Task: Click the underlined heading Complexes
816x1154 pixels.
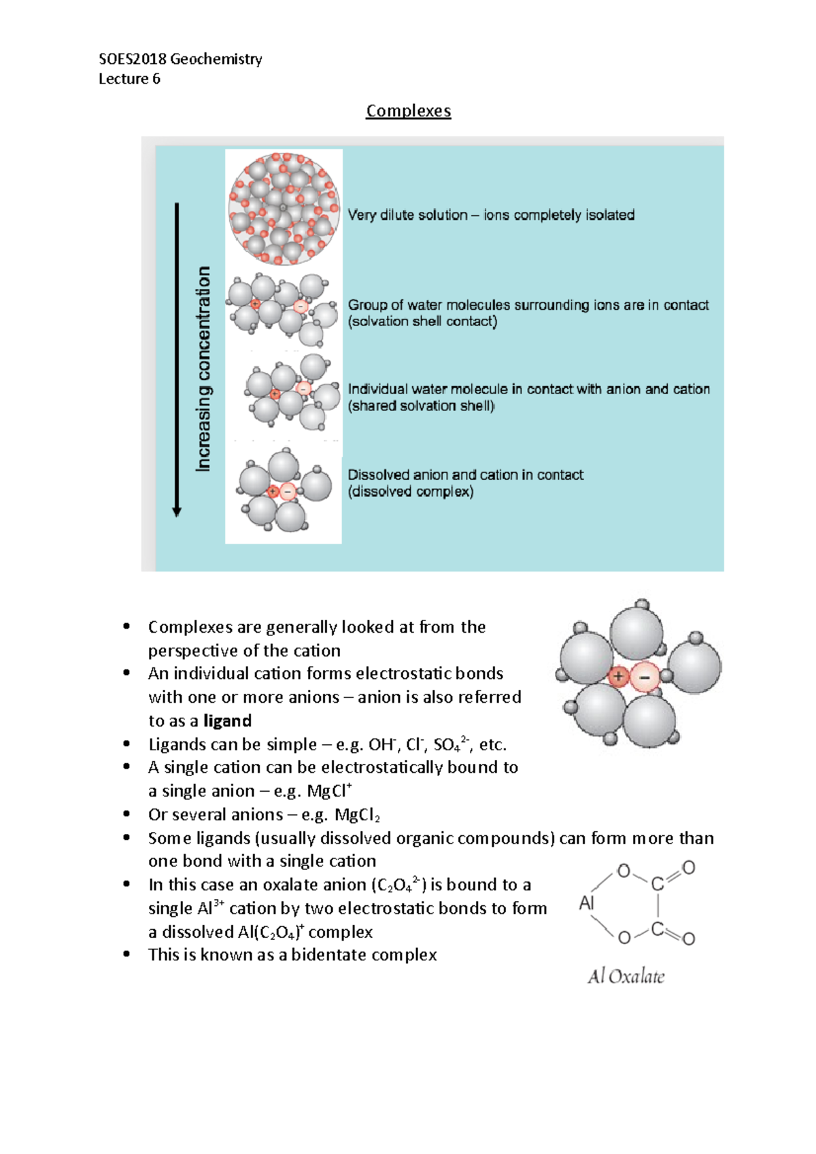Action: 408,111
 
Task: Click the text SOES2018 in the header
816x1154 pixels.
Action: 133,59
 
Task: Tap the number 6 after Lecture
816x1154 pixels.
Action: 156,79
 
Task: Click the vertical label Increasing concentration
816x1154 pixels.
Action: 203,368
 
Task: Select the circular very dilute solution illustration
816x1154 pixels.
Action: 284,208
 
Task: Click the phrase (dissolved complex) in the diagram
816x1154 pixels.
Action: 411,491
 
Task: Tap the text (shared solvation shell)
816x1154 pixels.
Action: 422,406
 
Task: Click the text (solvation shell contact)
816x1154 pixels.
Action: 422,321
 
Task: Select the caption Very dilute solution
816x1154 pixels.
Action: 407,215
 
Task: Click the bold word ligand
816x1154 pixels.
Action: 227,720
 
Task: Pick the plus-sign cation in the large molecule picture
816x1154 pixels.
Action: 618,676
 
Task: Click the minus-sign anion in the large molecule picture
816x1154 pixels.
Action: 645,677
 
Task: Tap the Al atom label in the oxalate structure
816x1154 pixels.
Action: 586,903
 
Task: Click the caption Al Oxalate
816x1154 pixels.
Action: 626,977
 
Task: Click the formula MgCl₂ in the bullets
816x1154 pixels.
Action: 357,815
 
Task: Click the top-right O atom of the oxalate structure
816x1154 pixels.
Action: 688,868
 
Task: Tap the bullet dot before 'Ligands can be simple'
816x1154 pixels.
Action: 126,744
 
